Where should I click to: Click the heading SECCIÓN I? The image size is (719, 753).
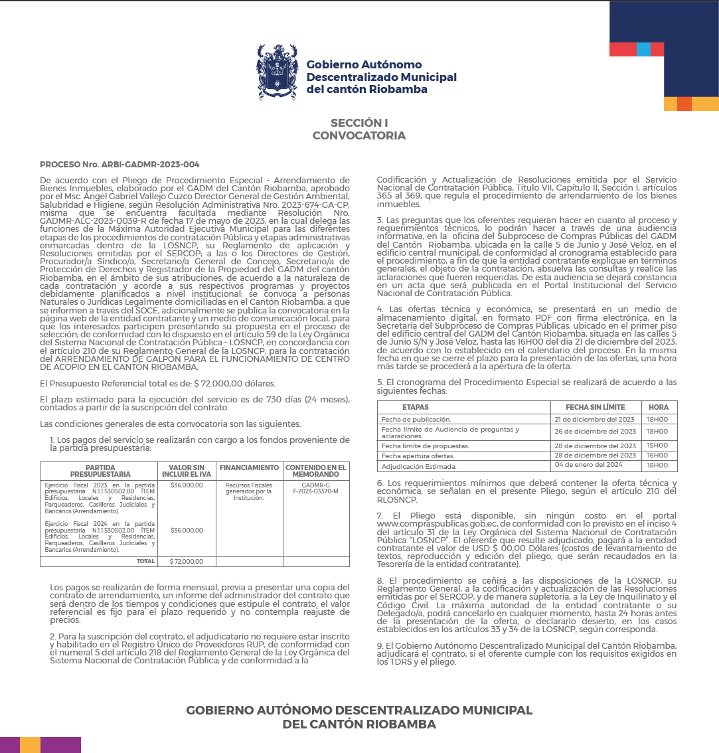359,123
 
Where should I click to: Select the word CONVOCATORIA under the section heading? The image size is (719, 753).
359,135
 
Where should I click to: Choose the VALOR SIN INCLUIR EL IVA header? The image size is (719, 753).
187,471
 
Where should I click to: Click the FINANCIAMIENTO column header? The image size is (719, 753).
249,467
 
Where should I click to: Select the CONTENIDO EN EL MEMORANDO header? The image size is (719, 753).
316,471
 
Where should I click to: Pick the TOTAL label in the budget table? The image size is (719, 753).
145,561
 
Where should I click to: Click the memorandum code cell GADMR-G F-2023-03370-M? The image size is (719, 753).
316,488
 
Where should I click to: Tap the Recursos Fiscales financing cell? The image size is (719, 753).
249,491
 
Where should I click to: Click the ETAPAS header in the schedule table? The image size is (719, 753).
416,407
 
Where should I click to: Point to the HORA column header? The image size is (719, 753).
659,407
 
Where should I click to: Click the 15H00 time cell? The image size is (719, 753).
657,446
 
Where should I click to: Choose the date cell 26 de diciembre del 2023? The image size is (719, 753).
595,432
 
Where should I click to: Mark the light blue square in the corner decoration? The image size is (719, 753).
643,49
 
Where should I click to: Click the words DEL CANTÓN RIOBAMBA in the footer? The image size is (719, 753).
359,724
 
